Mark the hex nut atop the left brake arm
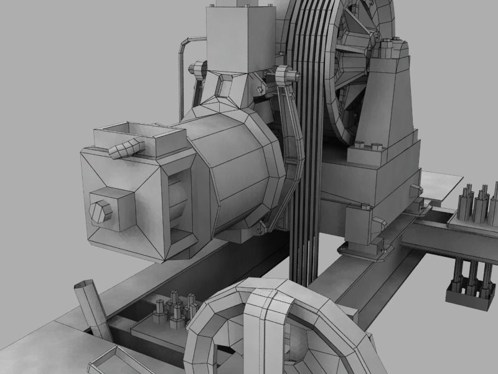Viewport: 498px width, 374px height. coord(197,68)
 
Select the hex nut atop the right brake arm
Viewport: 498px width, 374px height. coord(285,75)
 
